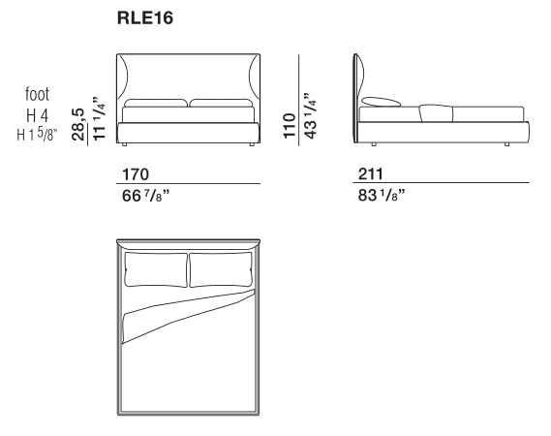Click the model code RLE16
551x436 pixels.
[x=145, y=18]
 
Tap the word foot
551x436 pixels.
[x=37, y=94]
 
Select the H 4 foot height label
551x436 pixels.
[x=37, y=115]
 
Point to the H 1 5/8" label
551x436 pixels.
[x=37, y=134]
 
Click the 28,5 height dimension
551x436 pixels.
[x=78, y=124]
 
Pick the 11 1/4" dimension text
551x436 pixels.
[x=99, y=118]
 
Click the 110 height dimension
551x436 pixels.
[x=290, y=126]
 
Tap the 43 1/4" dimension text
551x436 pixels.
[x=310, y=116]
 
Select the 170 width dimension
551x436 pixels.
[x=136, y=174]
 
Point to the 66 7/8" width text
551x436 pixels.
[x=145, y=196]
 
